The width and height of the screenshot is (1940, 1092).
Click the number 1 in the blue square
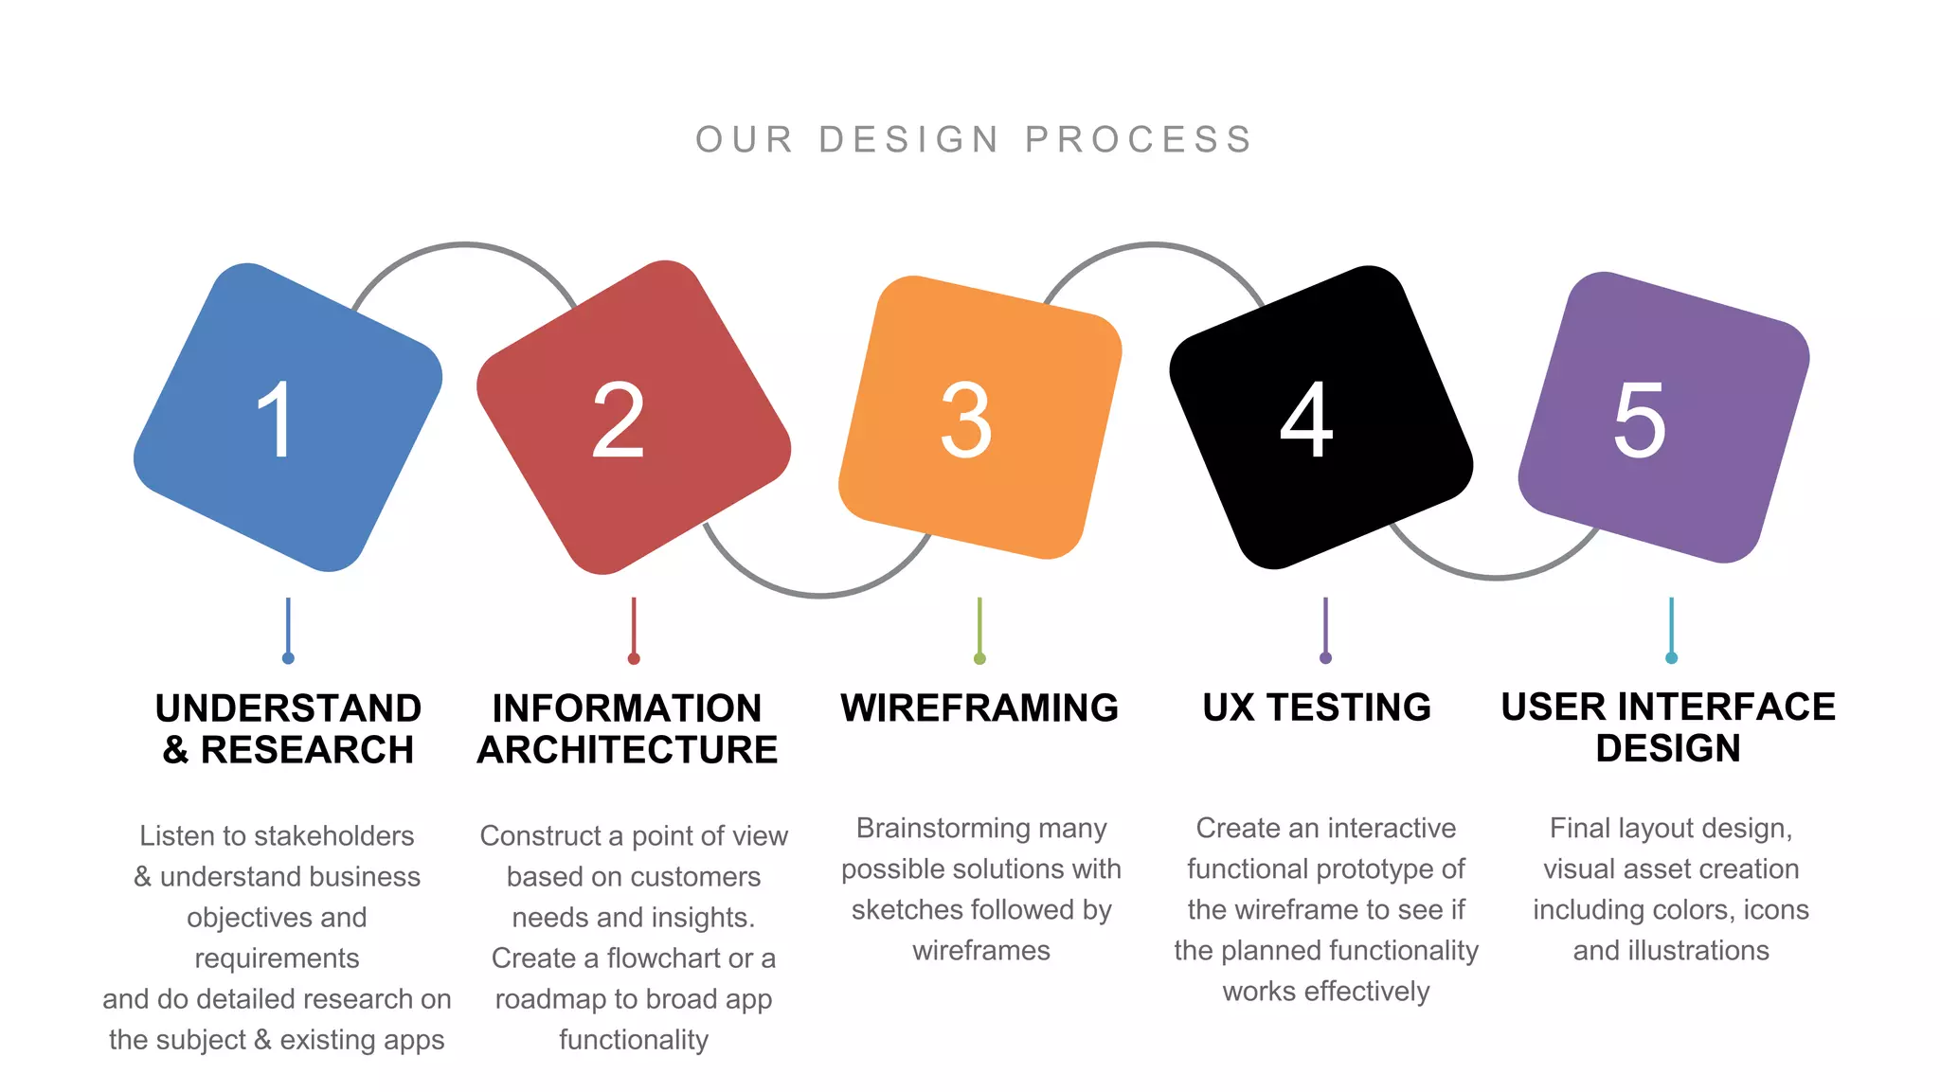[276, 420]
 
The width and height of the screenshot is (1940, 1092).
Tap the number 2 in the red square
[618, 420]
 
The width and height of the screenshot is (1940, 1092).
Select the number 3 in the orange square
[965, 420]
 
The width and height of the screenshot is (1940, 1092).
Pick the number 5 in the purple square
[1639, 420]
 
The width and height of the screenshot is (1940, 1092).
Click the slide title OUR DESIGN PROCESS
[974, 140]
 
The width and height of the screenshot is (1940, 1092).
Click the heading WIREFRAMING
[979, 708]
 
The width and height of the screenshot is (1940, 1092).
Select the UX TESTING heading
[1317, 707]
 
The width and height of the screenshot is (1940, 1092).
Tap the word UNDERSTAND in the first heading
[288, 708]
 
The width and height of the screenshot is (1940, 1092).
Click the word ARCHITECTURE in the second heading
[627, 750]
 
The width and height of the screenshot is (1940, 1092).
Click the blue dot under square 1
[288, 658]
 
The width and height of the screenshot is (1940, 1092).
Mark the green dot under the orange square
[979, 658]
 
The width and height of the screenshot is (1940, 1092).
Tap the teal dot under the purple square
[1671, 658]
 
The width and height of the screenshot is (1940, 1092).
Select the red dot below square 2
[634, 658]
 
